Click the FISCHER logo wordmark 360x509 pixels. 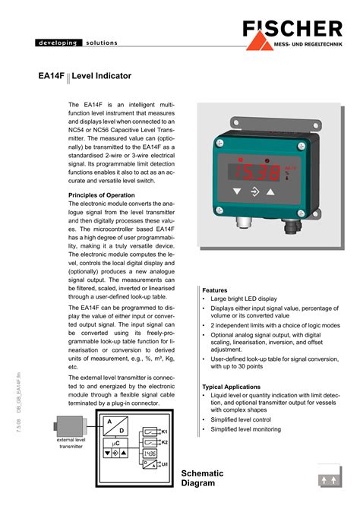pos(292,30)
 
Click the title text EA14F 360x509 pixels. pos(52,77)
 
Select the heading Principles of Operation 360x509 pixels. pos(102,195)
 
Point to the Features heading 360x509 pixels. pos(215,290)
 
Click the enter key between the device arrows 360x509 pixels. pos(254,191)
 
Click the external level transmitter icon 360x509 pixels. pos(69,428)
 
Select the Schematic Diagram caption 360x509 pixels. pos(198,479)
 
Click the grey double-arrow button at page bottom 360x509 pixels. pos(330,479)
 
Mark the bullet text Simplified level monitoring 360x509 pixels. pos(245,429)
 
